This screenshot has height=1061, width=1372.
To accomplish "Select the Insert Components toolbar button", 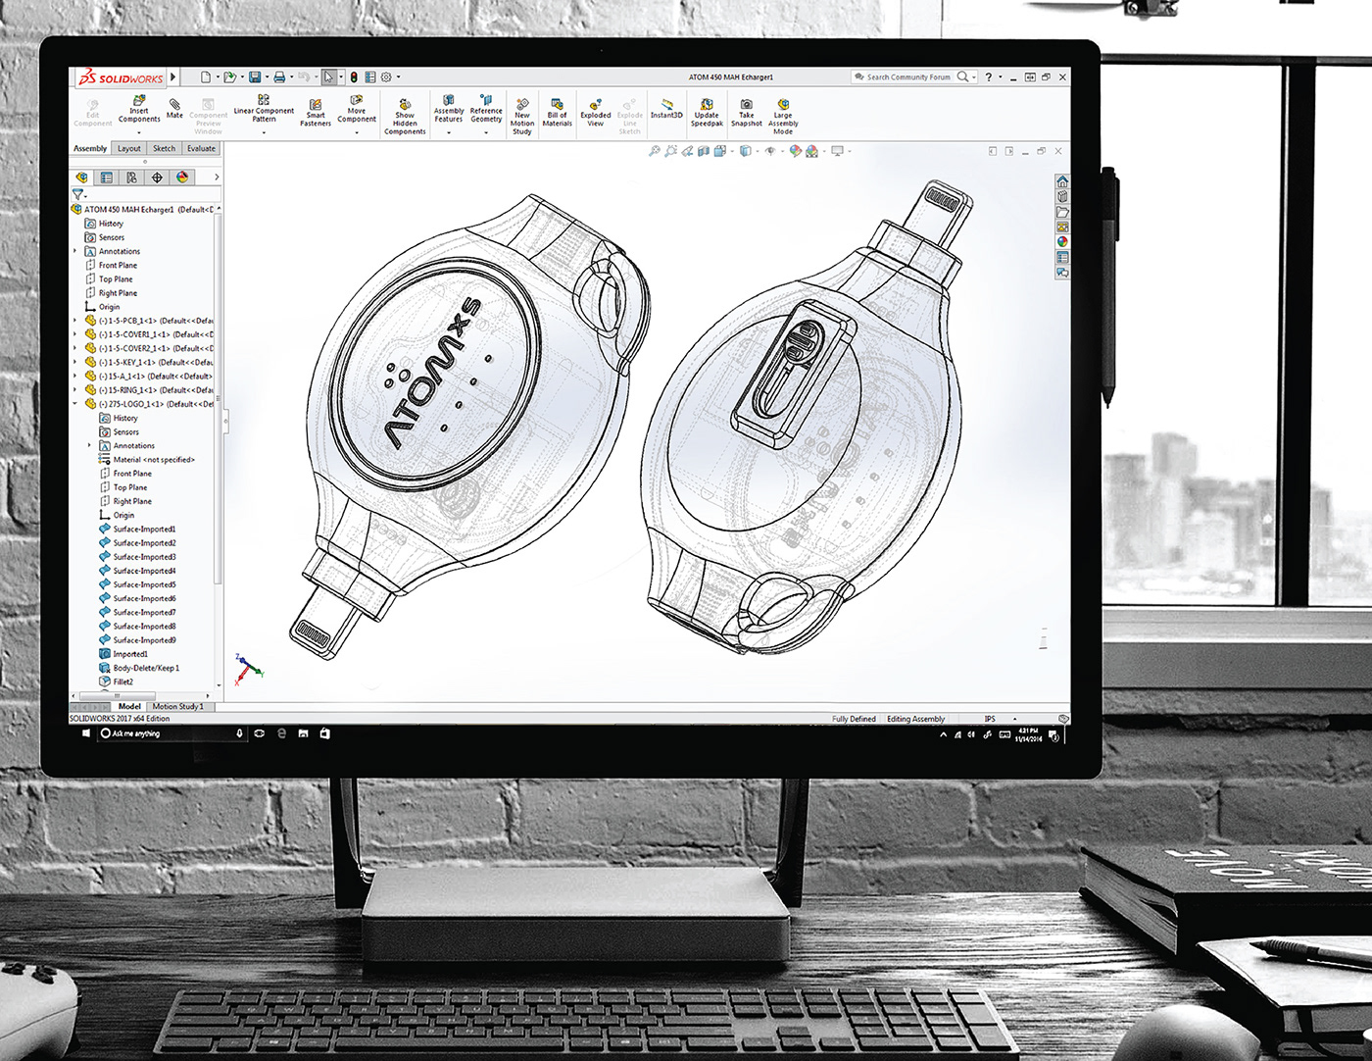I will [139, 109].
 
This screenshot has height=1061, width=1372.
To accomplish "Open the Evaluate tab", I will [201, 149].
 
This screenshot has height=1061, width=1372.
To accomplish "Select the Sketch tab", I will [164, 149].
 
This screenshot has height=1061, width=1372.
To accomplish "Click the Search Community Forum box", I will [907, 77].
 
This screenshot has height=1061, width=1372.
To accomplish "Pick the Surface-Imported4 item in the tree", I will [143, 571].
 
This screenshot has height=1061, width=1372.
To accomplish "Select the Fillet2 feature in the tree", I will [122, 682].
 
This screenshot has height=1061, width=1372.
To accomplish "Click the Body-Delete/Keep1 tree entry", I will [145, 668].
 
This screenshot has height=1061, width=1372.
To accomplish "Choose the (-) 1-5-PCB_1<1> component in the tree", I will [147, 321].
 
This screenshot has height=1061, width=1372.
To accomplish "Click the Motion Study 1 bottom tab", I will [177, 706].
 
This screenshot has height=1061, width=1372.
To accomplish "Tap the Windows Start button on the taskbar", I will [85, 733].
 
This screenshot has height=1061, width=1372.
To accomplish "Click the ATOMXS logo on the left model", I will [431, 378].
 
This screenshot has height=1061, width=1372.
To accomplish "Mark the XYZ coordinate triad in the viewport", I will [248, 668].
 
